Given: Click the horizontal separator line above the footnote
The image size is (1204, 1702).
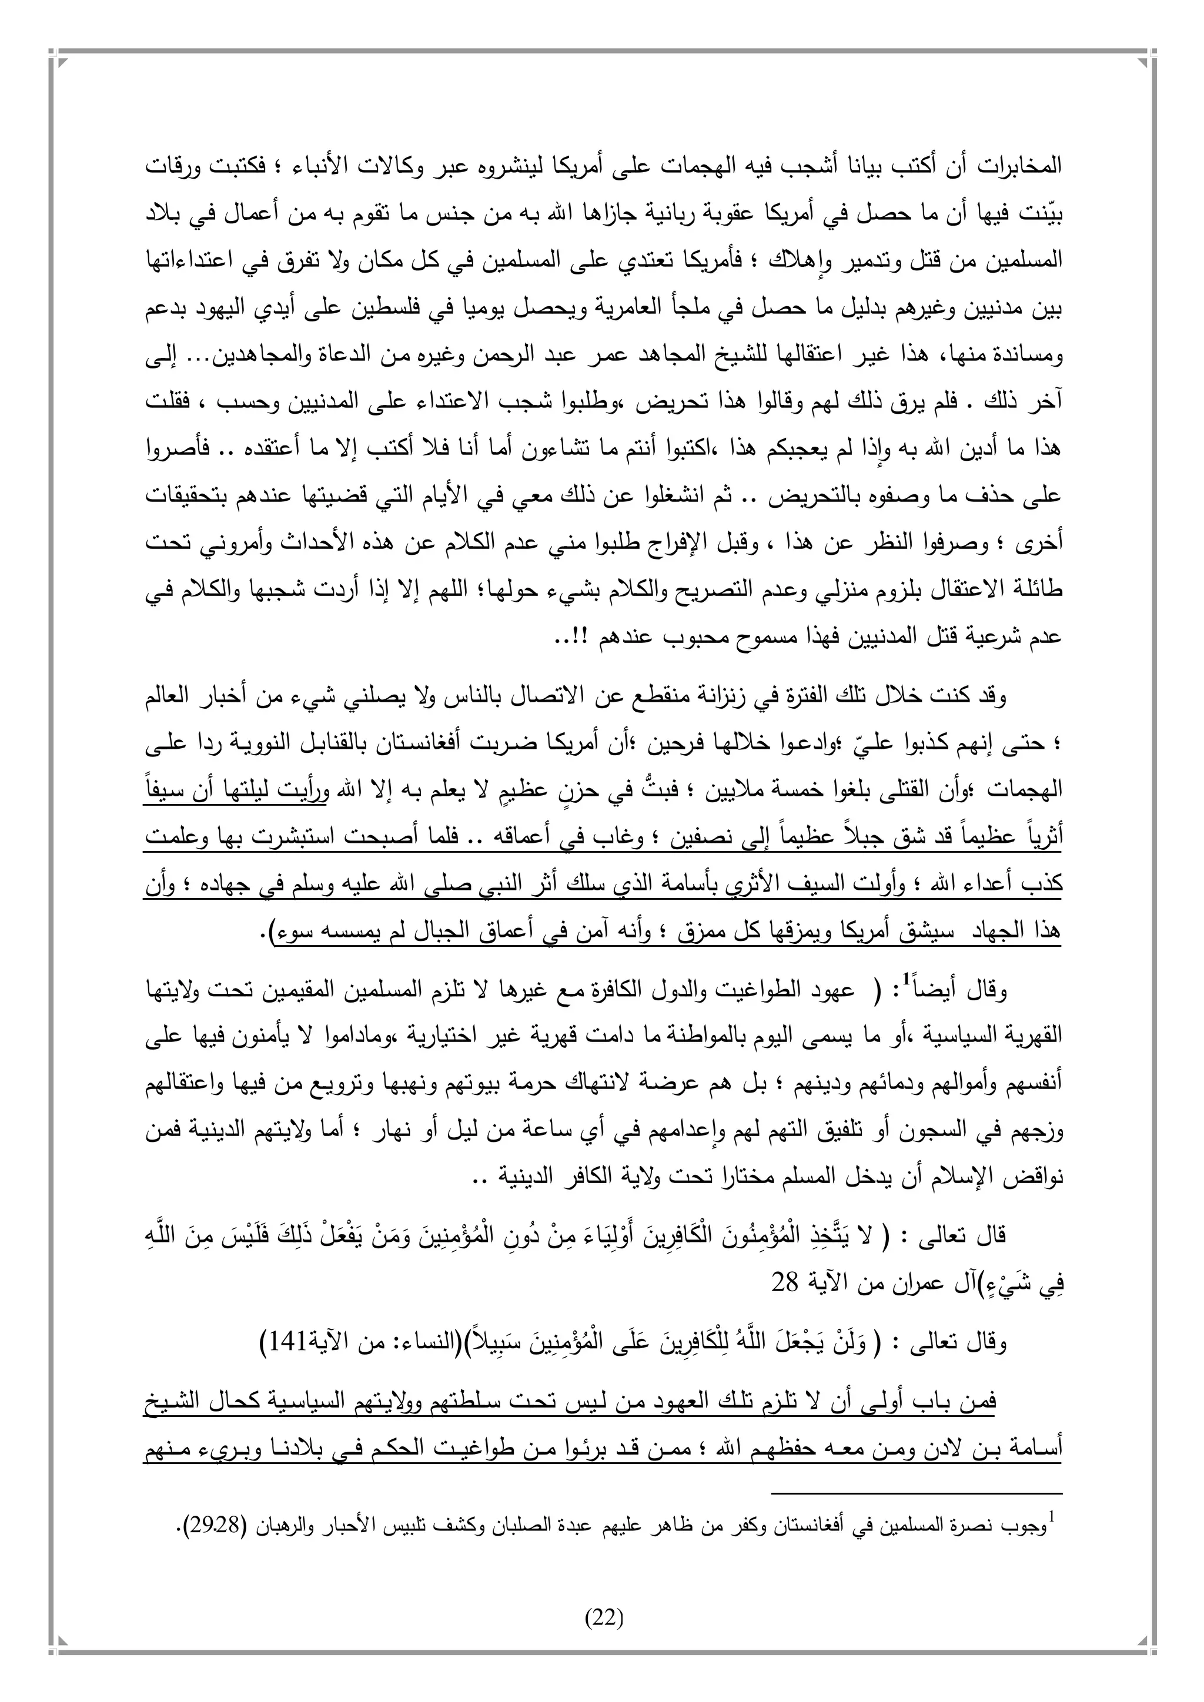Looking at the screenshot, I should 917,1474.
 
